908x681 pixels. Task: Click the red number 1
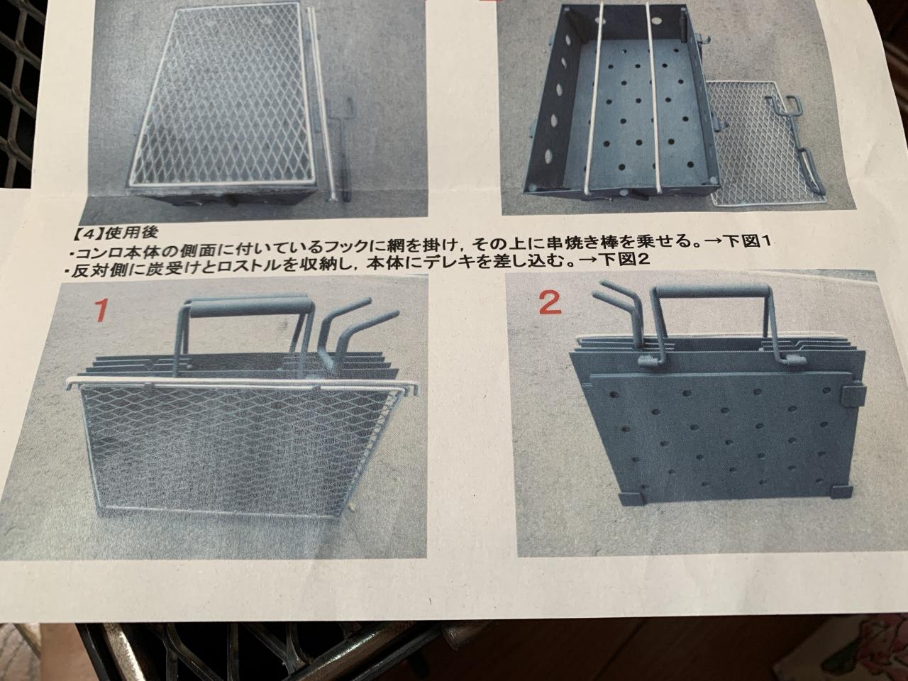point(101,310)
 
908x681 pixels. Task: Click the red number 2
point(550,304)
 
